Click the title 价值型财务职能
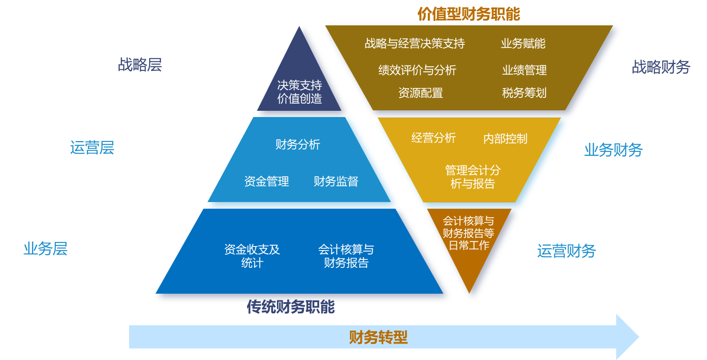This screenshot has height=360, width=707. [x=469, y=14]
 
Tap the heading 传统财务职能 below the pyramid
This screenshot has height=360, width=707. [x=291, y=307]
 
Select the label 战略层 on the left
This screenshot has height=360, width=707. [x=140, y=65]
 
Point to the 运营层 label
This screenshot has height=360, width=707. [x=92, y=148]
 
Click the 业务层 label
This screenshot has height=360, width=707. [x=45, y=249]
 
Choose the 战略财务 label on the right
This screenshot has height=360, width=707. [x=661, y=67]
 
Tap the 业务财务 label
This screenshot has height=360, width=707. [x=613, y=150]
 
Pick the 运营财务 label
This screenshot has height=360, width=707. [x=566, y=251]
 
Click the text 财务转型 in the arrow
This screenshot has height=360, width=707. [x=378, y=337]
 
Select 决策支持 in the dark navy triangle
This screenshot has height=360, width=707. [x=300, y=85]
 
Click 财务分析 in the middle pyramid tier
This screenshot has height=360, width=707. [x=298, y=145]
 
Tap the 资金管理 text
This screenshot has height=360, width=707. [x=267, y=182]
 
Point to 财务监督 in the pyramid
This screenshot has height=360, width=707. [x=336, y=182]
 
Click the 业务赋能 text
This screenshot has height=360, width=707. [x=523, y=44]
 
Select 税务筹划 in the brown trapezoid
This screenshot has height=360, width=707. [x=524, y=93]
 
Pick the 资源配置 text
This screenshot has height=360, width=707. [x=420, y=93]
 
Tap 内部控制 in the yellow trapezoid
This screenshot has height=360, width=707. [x=505, y=138]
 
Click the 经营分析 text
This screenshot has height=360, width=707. [x=433, y=138]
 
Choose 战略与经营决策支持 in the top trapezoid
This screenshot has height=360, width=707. [x=415, y=44]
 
